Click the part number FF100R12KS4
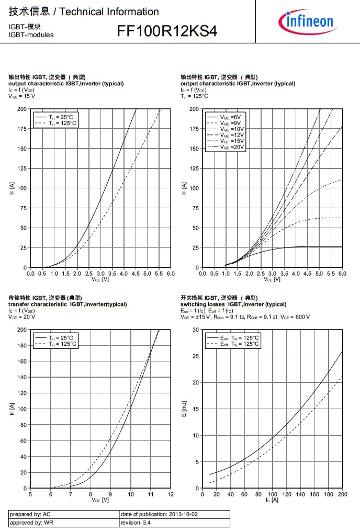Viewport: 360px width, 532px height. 166,31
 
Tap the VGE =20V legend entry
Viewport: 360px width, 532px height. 232,148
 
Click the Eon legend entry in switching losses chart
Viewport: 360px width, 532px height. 239,338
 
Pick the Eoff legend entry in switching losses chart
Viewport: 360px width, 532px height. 239,344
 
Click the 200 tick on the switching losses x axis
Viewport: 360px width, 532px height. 343,494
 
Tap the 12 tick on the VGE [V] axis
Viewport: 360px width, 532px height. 171,494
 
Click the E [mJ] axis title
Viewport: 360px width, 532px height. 184,409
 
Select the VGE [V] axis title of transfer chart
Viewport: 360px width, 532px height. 100,500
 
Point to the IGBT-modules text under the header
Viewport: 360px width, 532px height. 31,35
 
